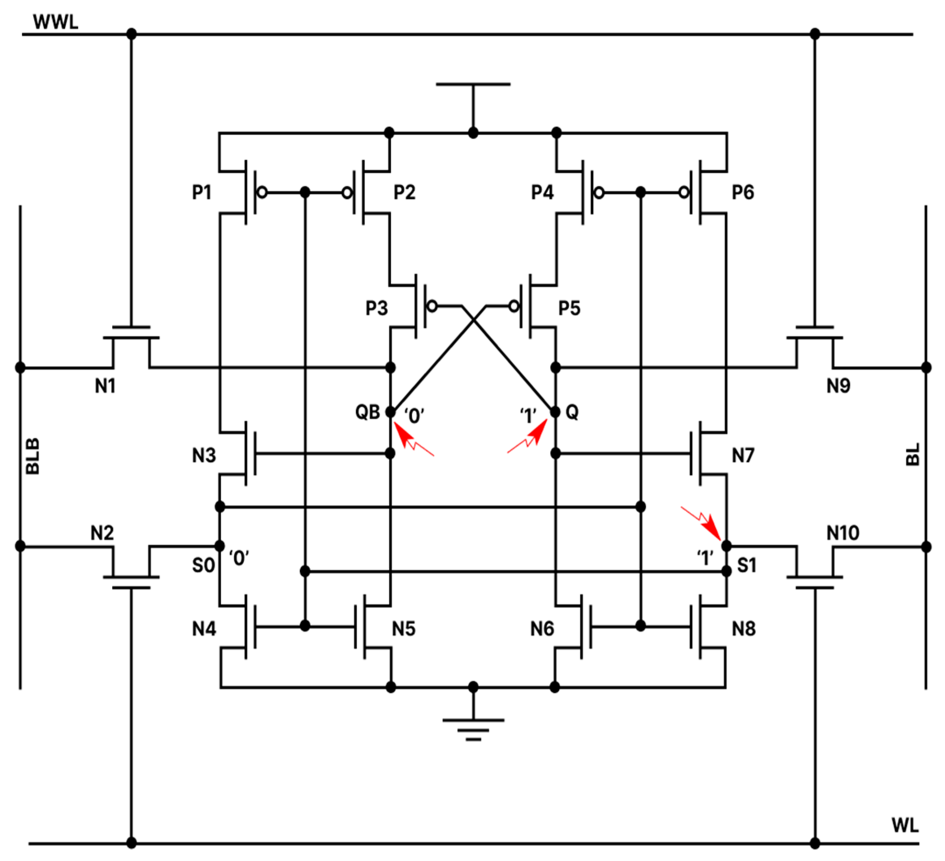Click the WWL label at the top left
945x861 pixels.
tap(55, 22)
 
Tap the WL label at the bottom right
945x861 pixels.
tap(905, 825)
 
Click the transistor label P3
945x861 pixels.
tap(376, 308)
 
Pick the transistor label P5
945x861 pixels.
tap(569, 308)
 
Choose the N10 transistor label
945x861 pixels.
tap(842, 533)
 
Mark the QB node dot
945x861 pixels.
tap(390, 412)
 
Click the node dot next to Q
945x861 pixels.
tap(555, 412)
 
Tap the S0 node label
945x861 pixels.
tap(204, 565)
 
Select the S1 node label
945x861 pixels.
tap(747, 565)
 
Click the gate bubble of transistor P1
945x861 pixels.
tap(262, 192)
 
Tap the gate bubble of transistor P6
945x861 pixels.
tap(684, 192)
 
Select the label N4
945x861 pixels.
tap(204, 629)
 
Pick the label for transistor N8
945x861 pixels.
tap(743, 629)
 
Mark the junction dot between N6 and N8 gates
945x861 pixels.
tap(640, 626)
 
